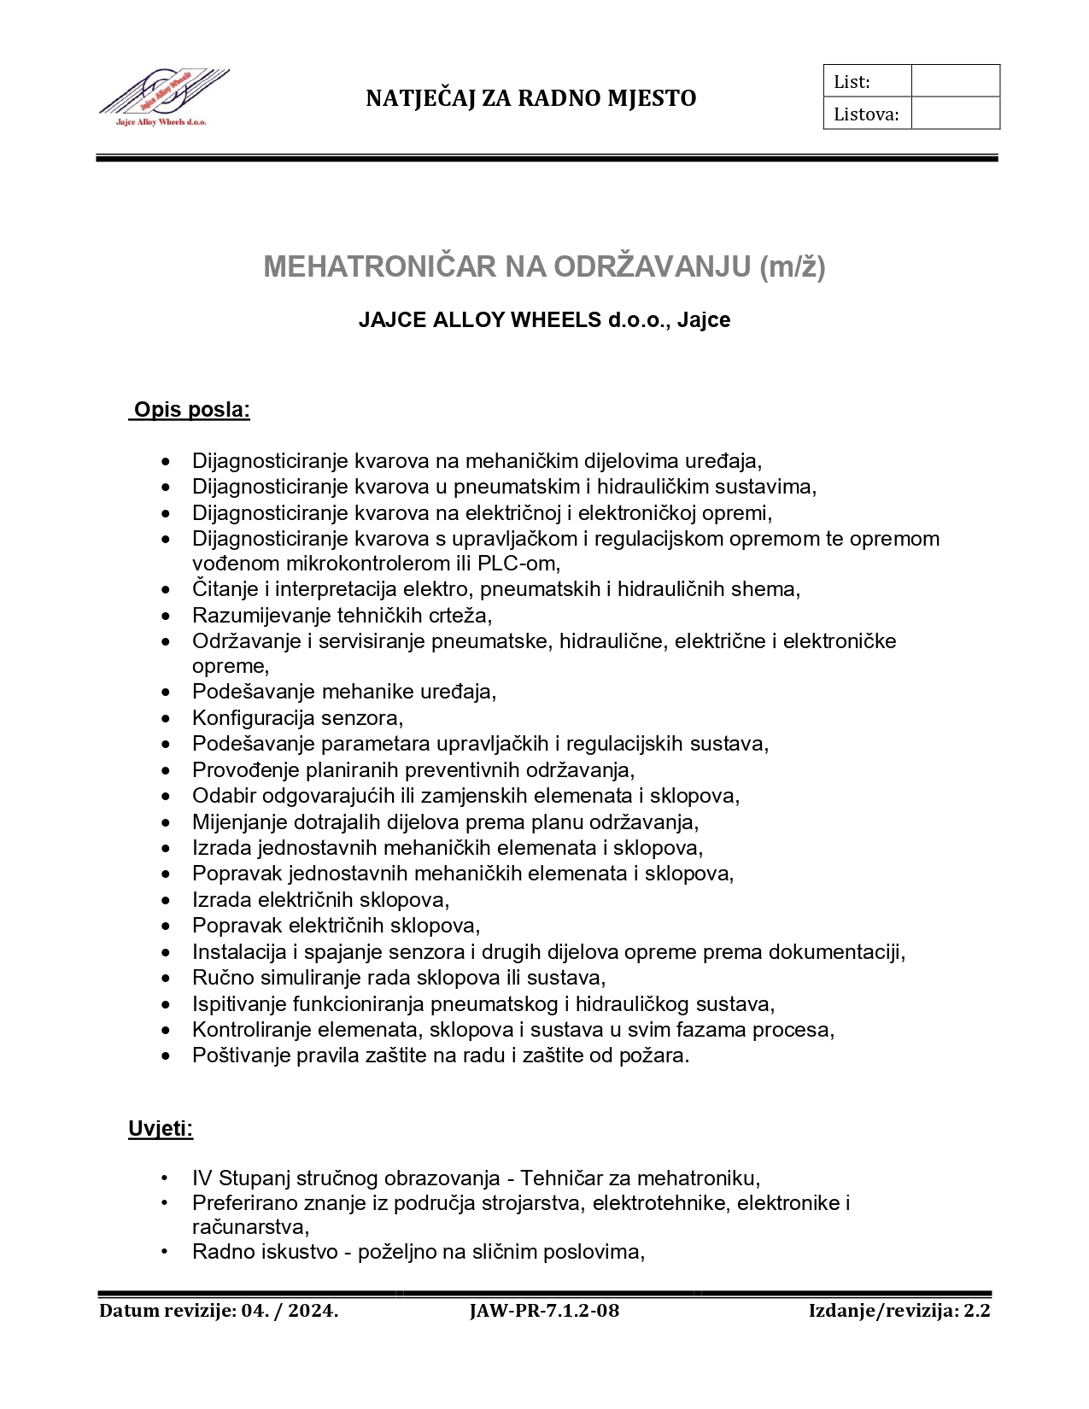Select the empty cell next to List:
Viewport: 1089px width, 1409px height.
955,81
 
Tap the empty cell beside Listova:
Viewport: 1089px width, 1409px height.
955,114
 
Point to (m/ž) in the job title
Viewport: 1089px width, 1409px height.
793,266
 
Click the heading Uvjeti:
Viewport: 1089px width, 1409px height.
161,1129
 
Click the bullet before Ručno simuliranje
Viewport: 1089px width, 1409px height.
166,978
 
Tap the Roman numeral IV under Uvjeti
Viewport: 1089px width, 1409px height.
202,1179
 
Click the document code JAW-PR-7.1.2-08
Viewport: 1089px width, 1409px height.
544,1311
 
